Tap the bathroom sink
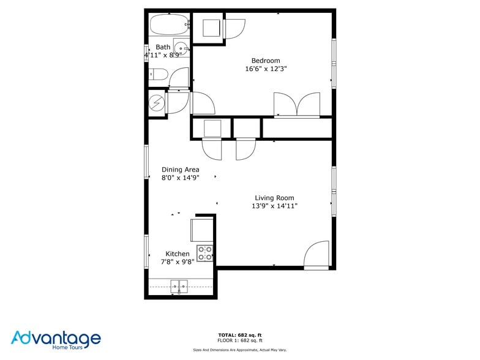click(181, 48)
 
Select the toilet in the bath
click(159, 75)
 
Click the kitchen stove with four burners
click(205, 253)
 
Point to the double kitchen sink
click(179, 285)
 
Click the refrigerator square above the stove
click(202, 230)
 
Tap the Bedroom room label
click(266, 61)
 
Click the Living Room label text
click(274, 198)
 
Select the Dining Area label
click(180, 170)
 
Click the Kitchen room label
click(178, 254)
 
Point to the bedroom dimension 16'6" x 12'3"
click(266, 69)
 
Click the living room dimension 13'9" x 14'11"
click(274, 206)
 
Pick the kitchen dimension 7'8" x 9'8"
click(178, 262)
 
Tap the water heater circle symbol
click(157, 103)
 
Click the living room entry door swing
click(317, 255)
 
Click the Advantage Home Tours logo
click(56, 340)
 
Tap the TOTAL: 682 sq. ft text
click(240, 335)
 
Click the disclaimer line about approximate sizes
click(240, 350)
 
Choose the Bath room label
click(163, 47)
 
